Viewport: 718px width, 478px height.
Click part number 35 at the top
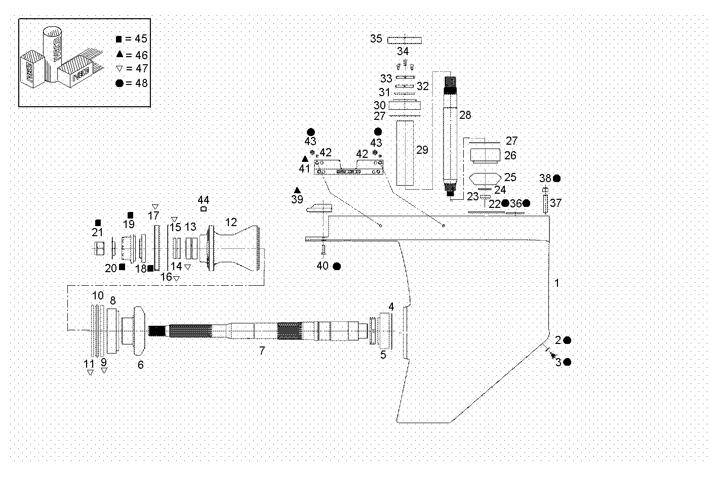[x=376, y=38]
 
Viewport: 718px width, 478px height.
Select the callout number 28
[x=465, y=115]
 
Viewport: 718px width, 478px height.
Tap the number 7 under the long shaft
[x=262, y=350]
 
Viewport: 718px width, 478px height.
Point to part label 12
[x=231, y=222]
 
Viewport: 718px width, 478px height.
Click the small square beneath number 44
[x=204, y=208]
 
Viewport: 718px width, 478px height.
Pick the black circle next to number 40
[x=337, y=266]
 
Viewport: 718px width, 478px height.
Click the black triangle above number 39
[x=297, y=190]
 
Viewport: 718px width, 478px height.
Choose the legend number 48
[x=141, y=82]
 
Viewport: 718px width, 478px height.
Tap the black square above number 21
[x=98, y=223]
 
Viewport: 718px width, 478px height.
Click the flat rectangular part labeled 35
[x=405, y=40]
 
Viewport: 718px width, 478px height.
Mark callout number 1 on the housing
[x=557, y=283]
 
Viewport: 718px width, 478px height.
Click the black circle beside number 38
[x=557, y=178]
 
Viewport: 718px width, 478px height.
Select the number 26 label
[x=510, y=155]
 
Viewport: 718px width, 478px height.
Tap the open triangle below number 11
[x=90, y=372]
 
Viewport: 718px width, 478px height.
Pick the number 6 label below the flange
[x=141, y=364]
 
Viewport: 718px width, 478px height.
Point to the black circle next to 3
[x=567, y=362]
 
